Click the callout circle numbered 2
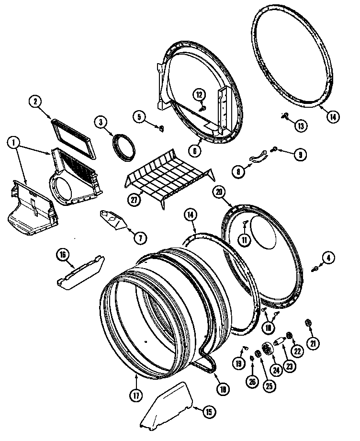pos(35,101)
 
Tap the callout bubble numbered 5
pos(138,116)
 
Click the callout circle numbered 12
pos(199,94)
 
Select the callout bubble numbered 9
pos(300,154)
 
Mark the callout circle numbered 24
pos(275,369)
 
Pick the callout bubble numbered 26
pos(252,381)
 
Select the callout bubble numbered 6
pos(195,151)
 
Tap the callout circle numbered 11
pos(245,240)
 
